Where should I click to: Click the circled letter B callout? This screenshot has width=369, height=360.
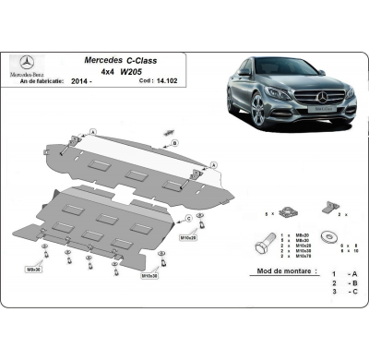click(x=173, y=144)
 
